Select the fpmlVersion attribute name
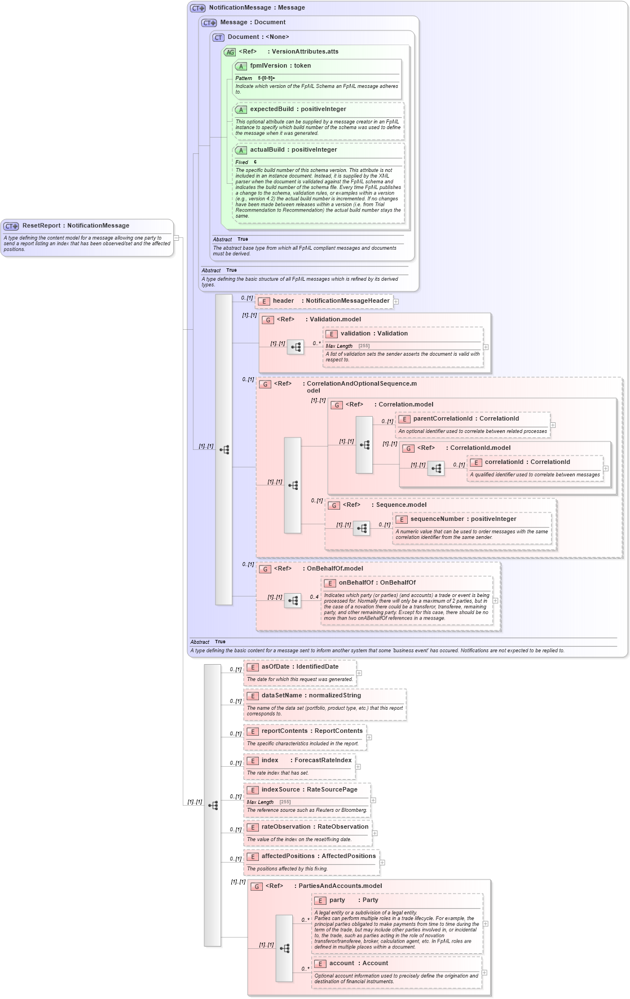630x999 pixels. click(268, 66)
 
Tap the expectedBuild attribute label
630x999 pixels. click(272, 109)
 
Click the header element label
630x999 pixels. click(283, 301)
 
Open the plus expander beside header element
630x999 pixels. click(396, 302)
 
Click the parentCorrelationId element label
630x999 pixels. click(442, 419)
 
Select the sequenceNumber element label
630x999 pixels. click(437, 519)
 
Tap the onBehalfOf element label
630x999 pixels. click(356, 583)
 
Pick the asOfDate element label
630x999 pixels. click(276, 667)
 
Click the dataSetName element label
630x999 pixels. click(281, 696)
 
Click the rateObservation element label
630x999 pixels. click(285, 827)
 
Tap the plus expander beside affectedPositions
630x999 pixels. click(382, 863)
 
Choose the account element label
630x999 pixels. click(342, 963)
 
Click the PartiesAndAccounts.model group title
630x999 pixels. click(340, 886)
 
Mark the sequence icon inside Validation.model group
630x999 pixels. click(296, 347)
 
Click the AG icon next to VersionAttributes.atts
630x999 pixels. click(230, 52)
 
